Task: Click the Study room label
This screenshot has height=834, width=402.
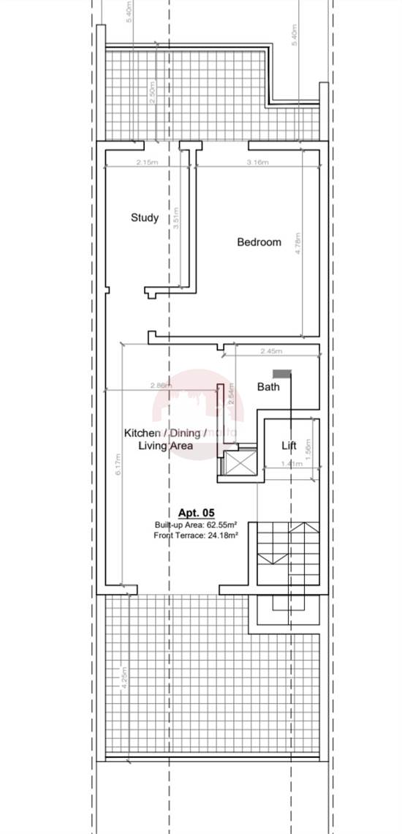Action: pyautogui.click(x=144, y=217)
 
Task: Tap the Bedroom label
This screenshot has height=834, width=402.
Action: pyautogui.click(x=259, y=242)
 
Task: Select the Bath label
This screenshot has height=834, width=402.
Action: pyautogui.click(x=268, y=387)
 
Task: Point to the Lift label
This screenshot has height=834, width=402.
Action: pyautogui.click(x=289, y=446)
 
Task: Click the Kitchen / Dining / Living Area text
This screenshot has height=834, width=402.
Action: pyautogui.click(x=165, y=439)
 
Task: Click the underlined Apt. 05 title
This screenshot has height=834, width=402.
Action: pyautogui.click(x=196, y=513)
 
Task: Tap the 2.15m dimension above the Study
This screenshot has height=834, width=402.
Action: pyautogui.click(x=146, y=162)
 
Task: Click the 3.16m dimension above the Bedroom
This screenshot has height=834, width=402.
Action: pyautogui.click(x=257, y=162)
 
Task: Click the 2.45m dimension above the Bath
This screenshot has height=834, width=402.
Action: pyautogui.click(x=271, y=352)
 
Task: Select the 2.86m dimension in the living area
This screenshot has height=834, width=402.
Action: pyautogui.click(x=161, y=386)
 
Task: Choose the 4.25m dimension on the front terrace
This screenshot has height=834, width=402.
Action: pyautogui.click(x=125, y=675)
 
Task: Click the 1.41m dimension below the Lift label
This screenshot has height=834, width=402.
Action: pyautogui.click(x=290, y=464)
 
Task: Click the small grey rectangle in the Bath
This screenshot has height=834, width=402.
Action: pyautogui.click(x=283, y=374)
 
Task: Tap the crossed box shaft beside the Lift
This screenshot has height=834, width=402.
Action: pyautogui.click(x=239, y=464)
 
